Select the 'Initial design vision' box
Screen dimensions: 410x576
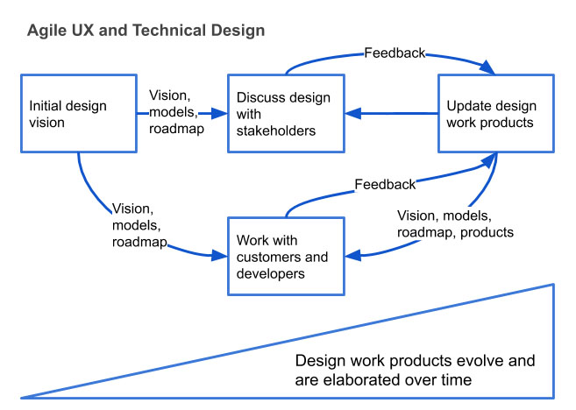coord(78,114)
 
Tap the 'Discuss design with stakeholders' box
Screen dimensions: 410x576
coord(284,114)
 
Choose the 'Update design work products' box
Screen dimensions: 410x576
coord(496,114)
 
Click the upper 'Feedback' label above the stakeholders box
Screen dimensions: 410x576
coord(395,53)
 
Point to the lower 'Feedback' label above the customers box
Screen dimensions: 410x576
coord(385,185)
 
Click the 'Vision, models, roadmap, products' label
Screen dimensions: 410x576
coord(455,224)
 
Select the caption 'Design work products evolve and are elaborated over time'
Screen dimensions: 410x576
coord(415,370)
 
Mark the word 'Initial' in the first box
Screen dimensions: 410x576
coord(47,106)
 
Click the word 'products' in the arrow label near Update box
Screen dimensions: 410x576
coord(487,233)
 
